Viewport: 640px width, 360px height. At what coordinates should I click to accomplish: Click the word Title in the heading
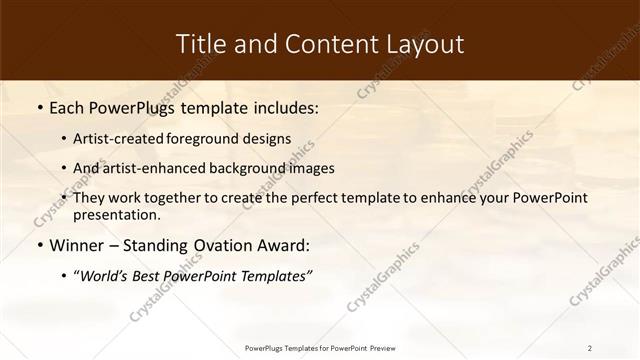[200, 44]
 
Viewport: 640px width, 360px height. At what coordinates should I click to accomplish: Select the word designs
[269, 139]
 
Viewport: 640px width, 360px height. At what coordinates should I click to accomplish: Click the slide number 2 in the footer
[589, 348]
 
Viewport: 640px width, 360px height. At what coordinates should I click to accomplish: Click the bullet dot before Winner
[38, 245]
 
